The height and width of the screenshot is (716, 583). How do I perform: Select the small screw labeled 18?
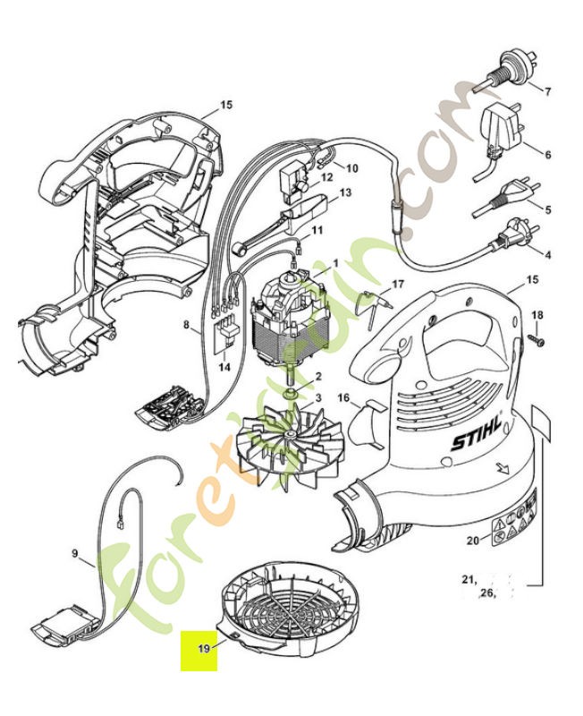click(537, 340)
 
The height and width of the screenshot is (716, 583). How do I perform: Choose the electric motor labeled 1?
click(286, 322)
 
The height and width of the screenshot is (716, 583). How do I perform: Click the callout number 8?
click(187, 328)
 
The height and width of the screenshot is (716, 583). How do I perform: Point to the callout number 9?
click(75, 554)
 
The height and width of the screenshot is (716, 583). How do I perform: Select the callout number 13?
click(344, 192)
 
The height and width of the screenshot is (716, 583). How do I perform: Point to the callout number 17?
click(398, 285)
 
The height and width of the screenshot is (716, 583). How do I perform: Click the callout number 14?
click(224, 367)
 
